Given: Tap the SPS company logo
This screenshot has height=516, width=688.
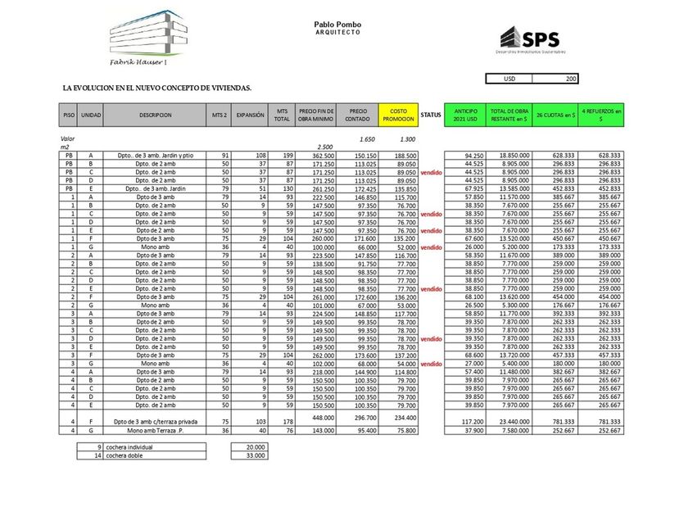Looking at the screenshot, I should tap(528, 39).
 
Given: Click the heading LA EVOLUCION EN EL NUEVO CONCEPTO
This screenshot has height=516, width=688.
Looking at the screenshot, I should tap(156, 88).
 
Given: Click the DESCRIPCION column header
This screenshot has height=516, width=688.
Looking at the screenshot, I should tap(155, 115).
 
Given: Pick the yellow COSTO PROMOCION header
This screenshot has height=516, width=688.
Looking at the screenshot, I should tap(398, 115).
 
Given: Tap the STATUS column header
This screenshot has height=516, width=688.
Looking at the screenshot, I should tap(431, 115).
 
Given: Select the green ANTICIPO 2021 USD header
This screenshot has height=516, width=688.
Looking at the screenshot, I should tap(465, 115).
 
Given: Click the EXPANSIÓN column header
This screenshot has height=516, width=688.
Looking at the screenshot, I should tap(250, 115).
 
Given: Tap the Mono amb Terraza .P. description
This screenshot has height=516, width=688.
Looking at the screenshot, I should tap(155, 430).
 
